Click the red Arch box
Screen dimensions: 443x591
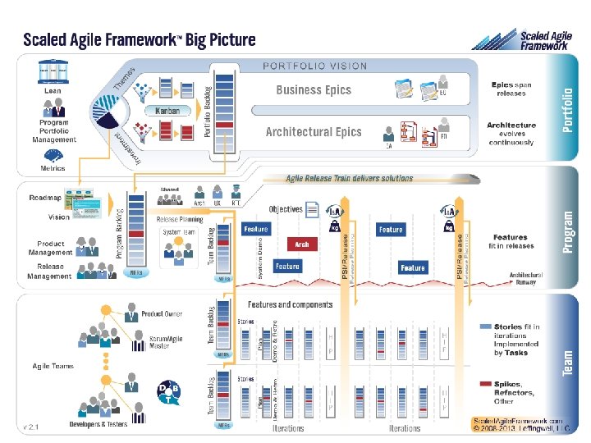point(302,244)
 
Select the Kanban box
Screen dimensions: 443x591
point(167,111)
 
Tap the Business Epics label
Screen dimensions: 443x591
point(314,90)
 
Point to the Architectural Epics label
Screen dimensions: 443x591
point(314,131)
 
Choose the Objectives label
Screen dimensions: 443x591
point(286,209)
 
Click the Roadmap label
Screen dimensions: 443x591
point(44,198)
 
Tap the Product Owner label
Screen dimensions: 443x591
point(162,314)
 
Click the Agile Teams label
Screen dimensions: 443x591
point(53,366)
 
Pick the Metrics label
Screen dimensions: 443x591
point(53,168)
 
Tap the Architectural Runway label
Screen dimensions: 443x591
point(525,278)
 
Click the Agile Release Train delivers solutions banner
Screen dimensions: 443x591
point(349,178)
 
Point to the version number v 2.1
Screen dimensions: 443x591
point(31,427)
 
